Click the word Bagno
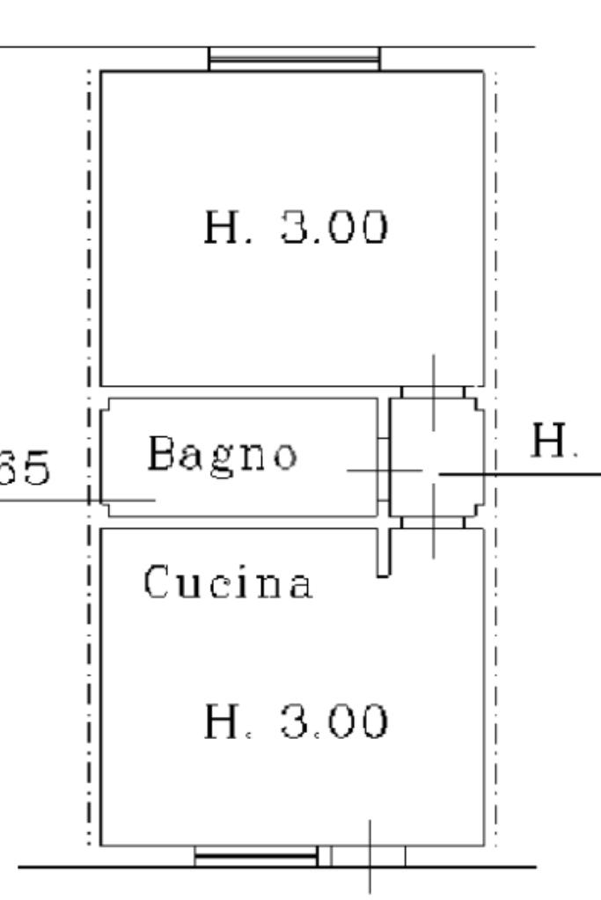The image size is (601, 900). coord(222,455)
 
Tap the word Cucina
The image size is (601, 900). coord(228,584)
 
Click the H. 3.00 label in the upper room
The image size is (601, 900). coord(295,228)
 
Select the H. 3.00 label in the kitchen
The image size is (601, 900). coord(295,723)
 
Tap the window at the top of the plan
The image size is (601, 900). coord(294,60)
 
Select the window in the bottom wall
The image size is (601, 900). coord(255,855)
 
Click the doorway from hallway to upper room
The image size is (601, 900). coord(433,391)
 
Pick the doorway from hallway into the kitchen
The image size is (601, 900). coord(433,523)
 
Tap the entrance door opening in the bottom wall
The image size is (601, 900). coord(369,855)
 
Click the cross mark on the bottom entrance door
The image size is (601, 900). coord(369,855)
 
